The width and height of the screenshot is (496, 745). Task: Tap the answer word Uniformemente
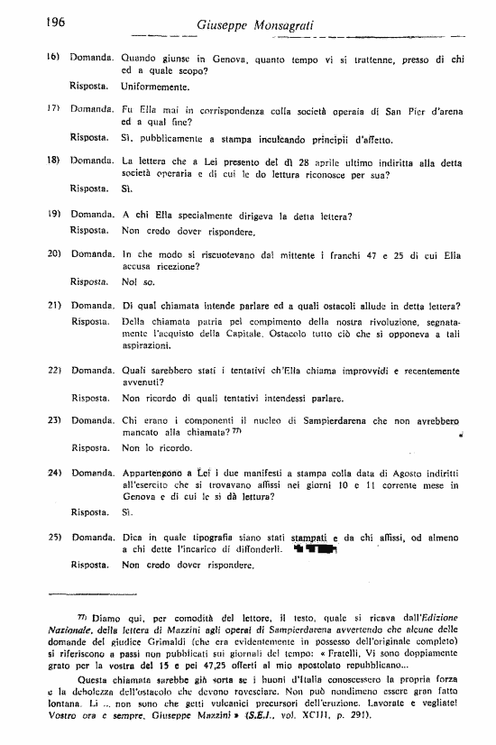tap(155, 87)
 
